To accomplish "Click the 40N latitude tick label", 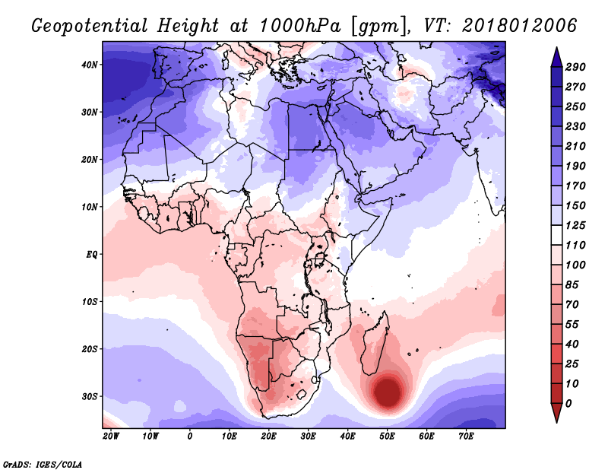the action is [90, 65].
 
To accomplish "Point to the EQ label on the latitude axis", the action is [92, 255].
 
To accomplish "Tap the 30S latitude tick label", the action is [90, 397].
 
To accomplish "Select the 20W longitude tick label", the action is [111, 437].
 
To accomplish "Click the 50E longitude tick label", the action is [387, 437].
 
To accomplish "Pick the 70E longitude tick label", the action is [466, 437].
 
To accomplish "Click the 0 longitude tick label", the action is [189, 437].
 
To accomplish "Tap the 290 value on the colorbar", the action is [575, 67].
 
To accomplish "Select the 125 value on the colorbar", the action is [575, 225].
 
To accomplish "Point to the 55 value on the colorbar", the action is [572, 325].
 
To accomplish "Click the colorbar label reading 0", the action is [568, 404].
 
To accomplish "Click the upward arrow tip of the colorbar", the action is [556, 48].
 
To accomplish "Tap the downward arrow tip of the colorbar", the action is [556, 422].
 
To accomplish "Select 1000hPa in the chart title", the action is [300, 26].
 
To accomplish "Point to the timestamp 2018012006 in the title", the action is [520, 26].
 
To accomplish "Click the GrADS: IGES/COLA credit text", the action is [43, 464].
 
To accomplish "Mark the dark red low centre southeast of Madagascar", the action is [388, 391].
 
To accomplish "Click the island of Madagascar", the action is [375, 344].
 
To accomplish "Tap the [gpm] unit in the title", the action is [381, 27].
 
